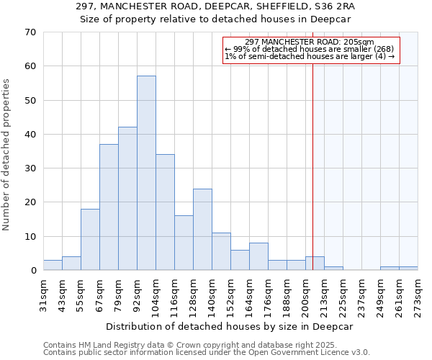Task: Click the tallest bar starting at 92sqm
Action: (x=146, y=173)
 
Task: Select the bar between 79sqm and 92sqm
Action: (x=127, y=198)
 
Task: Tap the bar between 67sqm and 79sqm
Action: (x=109, y=207)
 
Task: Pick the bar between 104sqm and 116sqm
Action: (x=165, y=212)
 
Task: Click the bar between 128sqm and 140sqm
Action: (x=202, y=229)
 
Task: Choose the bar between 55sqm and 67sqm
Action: (x=90, y=239)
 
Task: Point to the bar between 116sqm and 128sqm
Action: (x=184, y=243)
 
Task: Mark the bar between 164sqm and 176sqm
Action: (x=258, y=256)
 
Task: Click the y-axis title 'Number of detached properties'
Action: (x=6, y=156)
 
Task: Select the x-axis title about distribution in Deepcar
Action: (x=230, y=326)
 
